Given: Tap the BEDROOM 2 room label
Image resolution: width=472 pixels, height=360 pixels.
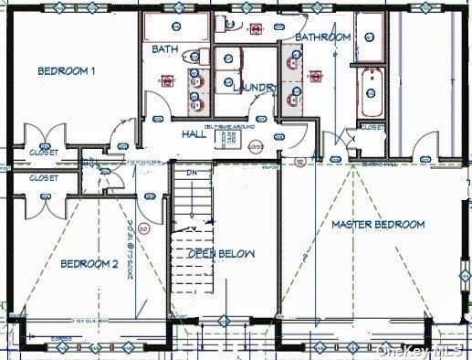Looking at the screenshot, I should pos(89,264).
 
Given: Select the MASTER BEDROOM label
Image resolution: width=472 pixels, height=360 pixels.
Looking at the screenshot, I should pos(377,225).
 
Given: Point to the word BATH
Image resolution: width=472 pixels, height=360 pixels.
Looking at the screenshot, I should pos(165,48).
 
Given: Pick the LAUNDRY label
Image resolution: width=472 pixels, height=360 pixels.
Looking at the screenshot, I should pos(255,87).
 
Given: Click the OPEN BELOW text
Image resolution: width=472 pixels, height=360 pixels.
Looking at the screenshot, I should pos(222,253).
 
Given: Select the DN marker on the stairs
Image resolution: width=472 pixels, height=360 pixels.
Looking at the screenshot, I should pos(192,172).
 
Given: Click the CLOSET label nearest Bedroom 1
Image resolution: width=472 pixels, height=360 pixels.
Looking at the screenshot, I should pos(43,152).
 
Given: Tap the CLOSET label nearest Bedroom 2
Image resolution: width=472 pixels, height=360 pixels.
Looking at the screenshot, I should pos(43,178).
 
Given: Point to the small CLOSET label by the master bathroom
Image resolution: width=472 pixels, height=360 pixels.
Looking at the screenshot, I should pos(372,128).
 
